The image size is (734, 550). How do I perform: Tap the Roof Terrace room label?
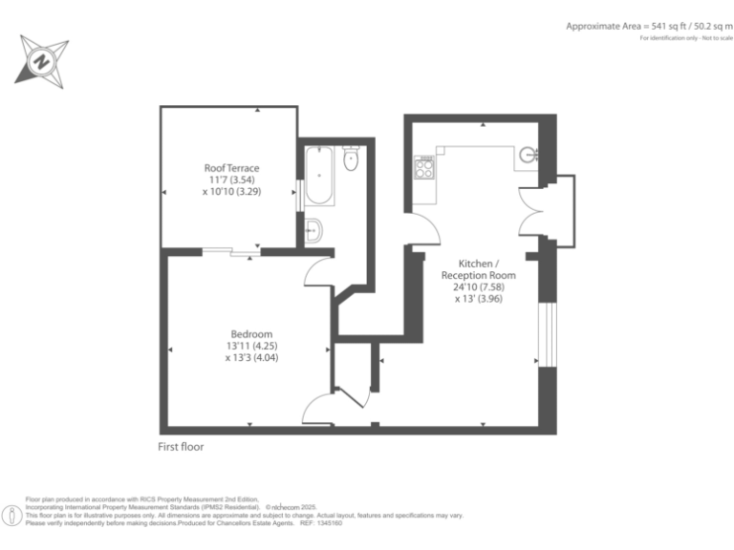click(x=231, y=168)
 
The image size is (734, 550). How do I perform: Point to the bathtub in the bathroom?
click(x=318, y=177)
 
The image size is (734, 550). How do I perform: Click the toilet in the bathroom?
click(x=351, y=159)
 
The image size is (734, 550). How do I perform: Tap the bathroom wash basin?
click(x=313, y=230)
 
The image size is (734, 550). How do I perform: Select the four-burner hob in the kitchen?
click(x=423, y=169)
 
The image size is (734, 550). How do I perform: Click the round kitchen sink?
click(x=528, y=155)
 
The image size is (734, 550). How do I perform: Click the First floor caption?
click(x=181, y=447)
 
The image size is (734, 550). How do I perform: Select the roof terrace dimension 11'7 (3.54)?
click(x=231, y=180)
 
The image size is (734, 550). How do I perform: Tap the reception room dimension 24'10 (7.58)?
click(x=478, y=286)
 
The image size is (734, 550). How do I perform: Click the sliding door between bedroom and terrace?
click(x=232, y=252)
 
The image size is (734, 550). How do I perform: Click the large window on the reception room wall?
click(x=547, y=333)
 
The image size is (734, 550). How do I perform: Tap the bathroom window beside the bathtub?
click(x=300, y=194)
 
